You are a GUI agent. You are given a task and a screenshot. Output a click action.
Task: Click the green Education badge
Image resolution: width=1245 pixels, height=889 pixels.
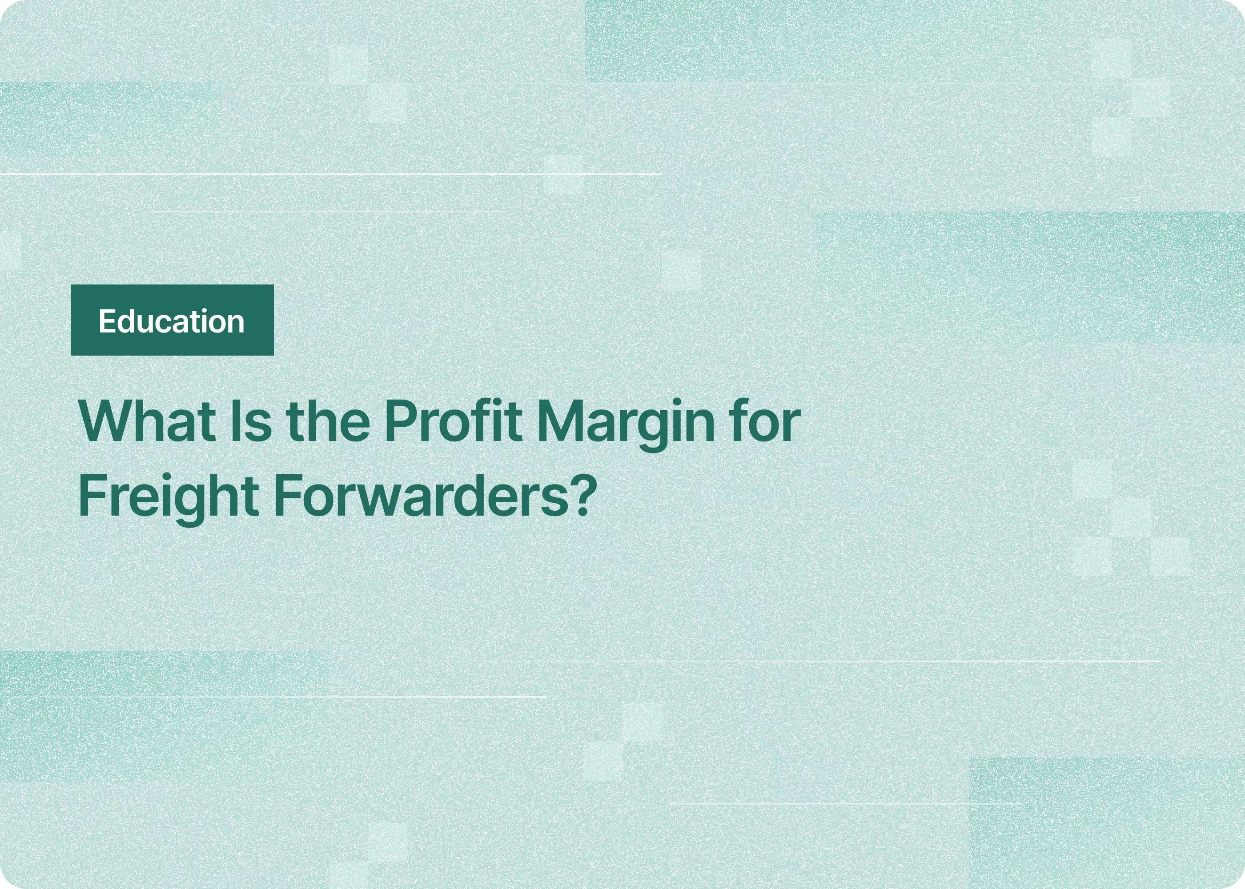click(172, 320)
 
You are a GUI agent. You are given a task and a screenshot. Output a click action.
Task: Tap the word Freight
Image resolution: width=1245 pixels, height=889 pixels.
click(169, 498)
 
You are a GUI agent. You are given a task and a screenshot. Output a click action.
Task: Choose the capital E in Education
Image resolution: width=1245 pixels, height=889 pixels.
click(106, 321)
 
